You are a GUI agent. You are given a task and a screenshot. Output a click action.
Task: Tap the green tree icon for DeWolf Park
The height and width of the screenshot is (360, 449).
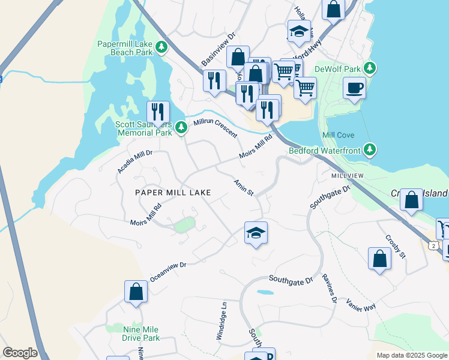pyautogui.click(x=372, y=68)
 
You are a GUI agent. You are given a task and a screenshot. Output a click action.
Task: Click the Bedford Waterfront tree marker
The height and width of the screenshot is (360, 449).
pyautogui.click(x=370, y=149)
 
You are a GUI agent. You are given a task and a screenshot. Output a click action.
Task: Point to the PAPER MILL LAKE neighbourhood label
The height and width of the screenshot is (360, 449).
pyautogui.click(x=173, y=193)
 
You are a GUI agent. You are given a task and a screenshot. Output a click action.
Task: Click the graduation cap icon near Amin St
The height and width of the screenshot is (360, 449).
pyautogui.click(x=256, y=233)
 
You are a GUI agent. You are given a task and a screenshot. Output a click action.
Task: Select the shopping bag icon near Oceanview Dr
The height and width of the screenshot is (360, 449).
pyautogui.click(x=136, y=292)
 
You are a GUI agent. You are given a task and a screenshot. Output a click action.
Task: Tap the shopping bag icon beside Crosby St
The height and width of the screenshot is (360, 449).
pyautogui.click(x=379, y=259)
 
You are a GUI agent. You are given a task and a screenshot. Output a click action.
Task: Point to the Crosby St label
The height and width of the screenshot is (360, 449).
pyautogui.click(x=396, y=245)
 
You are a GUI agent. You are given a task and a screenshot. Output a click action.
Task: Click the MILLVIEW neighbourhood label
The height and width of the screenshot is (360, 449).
pyautogui.click(x=348, y=175)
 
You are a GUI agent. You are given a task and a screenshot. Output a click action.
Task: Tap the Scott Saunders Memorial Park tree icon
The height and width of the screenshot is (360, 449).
pyautogui.click(x=180, y=127)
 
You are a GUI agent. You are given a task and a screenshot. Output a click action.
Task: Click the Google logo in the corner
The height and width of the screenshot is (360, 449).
pyautogui.click(x=20, y=353)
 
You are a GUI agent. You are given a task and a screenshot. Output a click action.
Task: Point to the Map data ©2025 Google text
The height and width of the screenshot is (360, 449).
pyautogui.click(x=411, y=355)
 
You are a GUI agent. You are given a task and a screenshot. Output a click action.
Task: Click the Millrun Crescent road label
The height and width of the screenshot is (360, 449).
pyautogui.click(x=215, y=128)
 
